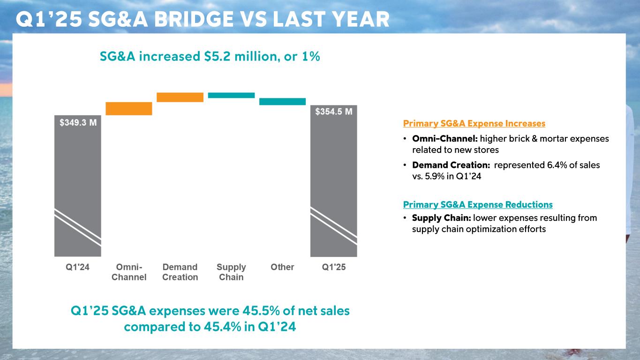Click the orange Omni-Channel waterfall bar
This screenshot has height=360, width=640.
click(x=129, y=108)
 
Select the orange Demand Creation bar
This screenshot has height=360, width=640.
click(x=180, y=97)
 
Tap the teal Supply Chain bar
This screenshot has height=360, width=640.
click(x=231, y=95)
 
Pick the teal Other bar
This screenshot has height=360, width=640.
click(x=282, y=101)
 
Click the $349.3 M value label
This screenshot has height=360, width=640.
click(x=78, y=123)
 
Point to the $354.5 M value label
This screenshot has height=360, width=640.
click(x=333, y=112)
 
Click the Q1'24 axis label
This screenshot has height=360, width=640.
click(x=77, y=267)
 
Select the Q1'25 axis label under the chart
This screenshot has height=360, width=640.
click(x=333, y=267)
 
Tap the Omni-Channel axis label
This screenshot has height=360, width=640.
click(x=129, y=272)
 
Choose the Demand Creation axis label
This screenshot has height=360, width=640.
click(x=180, y=272)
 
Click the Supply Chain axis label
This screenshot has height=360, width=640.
click(x=231, y=272)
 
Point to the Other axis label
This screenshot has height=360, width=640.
click(x=282, y=267)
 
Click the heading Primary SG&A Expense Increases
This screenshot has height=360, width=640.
click(x=474, y=124)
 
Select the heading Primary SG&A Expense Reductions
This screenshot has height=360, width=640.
click(x=478, y=205)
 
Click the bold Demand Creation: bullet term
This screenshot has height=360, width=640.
click(x=451, y=165)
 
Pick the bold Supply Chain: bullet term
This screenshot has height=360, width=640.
click(x=442, y=218)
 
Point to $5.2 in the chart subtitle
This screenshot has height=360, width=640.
click(x=214, y=57)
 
